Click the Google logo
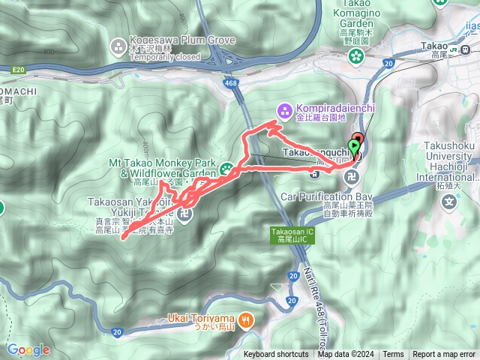coord(28,349)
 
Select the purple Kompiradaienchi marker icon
coord(284,110)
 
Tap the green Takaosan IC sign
coord(289,235)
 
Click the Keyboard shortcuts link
coord(276,355)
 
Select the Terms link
coord(393,355)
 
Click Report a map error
coord(445,355)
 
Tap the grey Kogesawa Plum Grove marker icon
coord(118,48)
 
